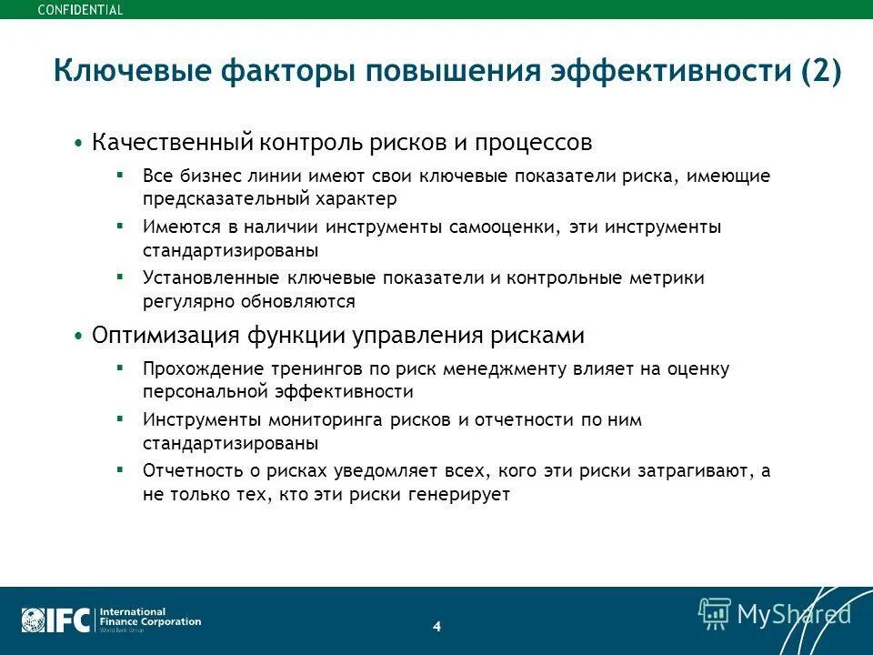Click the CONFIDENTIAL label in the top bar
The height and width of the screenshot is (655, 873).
point(80,10)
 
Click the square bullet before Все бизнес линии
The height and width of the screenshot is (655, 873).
point(120,175)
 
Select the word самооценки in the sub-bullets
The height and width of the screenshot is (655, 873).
point(507,227)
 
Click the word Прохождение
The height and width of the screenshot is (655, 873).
point(193,369)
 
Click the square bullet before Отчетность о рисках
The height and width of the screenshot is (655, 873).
point(120,471)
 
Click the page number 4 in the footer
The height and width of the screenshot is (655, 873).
point(436,626)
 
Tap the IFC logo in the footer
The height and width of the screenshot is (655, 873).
point(56,620)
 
